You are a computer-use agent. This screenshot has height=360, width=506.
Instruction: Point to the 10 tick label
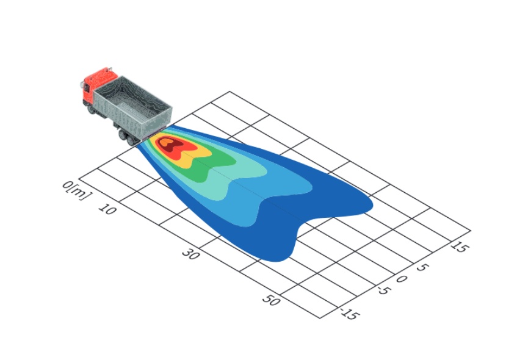(x=107, y=209)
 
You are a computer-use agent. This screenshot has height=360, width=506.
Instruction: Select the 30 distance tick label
(x=191, y=254)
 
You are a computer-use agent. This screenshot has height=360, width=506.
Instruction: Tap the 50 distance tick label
(x=272, y=300)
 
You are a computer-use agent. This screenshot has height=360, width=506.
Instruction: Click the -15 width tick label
(x=350, y=314)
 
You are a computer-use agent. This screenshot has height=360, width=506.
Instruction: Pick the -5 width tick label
(x=384, y=290)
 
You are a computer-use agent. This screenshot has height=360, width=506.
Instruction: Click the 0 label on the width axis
(x=401, y=279)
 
